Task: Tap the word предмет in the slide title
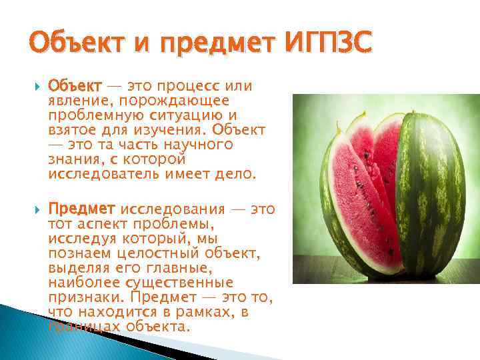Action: (212, 45)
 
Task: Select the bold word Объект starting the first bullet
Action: (75, 87)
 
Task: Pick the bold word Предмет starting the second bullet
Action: (82, 209)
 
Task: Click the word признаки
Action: (84, 297)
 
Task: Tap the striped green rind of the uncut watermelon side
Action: (433, 200)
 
